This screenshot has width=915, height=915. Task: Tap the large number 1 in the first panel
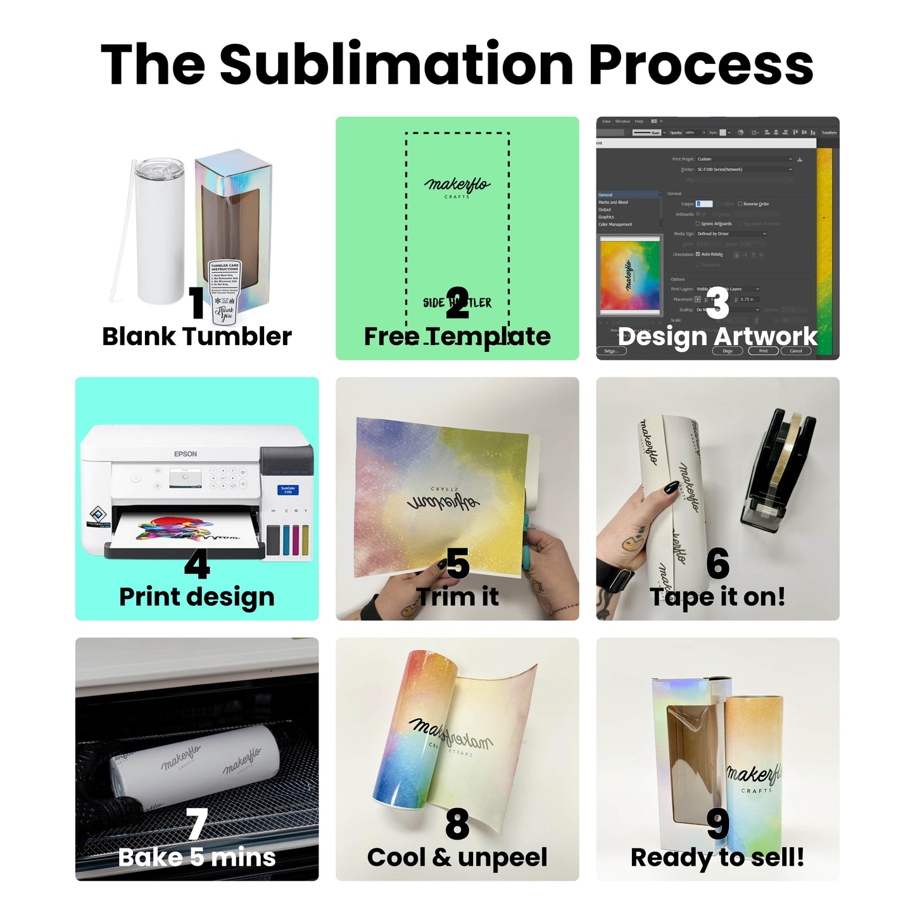coord(197,303)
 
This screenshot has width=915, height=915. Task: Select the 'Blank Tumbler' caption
coord(197,336)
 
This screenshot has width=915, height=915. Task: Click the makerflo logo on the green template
coord(457,186)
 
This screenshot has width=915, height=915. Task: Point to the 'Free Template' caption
coord(457,336)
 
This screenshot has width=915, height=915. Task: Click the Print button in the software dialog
coord(763,351)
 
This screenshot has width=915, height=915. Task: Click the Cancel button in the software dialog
coord(796,351)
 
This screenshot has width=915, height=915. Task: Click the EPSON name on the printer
coord(186,454)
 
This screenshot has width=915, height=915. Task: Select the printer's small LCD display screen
coord(186,479)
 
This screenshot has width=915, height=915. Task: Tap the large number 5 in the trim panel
coord(457,564)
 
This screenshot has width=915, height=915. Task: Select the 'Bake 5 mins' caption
coord(197,857)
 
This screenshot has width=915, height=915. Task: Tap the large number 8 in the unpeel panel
coord(457,824)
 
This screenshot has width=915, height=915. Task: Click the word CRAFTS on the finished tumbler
coord(756,791)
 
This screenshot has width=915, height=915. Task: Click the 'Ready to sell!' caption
coord(717,857)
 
